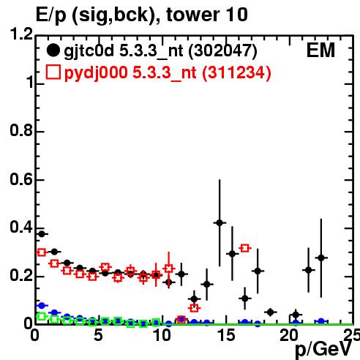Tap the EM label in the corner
[320, 50]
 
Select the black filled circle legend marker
[53, 50]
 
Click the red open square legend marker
[53, 72]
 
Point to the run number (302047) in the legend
[222, 51]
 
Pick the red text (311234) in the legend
[236, 72]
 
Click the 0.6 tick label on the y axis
[21, 179]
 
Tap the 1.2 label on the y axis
[21, 34]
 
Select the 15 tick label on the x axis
[226, 335]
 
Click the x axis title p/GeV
[323, 350]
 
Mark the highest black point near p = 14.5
[220, 222]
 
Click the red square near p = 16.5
[245, 248]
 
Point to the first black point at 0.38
[42, 234]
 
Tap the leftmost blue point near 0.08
[42, 305]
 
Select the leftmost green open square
[42, 317]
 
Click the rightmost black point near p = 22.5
[321, 258]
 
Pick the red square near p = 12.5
[194, 308]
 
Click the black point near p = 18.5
[270, 312]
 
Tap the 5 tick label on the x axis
[98, 335]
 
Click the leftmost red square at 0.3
[42, 252]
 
